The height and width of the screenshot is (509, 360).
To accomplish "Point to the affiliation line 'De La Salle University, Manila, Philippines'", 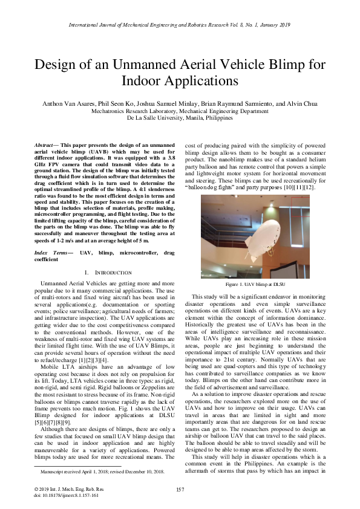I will point(180,118).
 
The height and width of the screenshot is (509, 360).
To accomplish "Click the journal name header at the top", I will point(180,25).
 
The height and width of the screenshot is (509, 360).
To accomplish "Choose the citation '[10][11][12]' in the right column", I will point(306,187).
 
